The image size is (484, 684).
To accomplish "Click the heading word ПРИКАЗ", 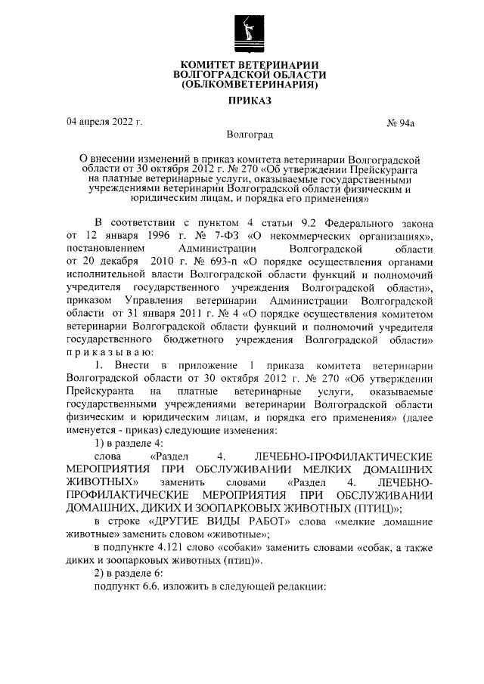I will pos(249,100).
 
